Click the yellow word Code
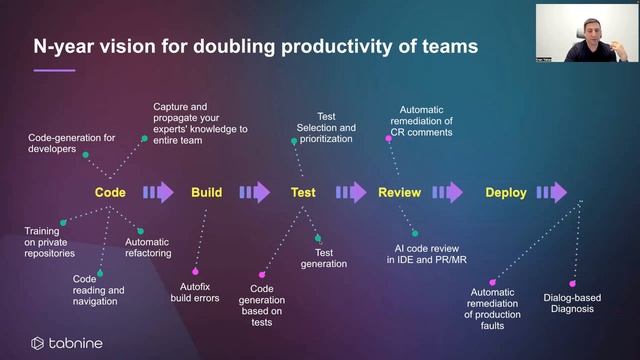click(x=110, y=193)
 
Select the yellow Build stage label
click(x=206, y=193)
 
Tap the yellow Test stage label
click(x=303, y=193)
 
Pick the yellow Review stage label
click(x=399, y=193)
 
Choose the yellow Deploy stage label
click(x=505, y=193)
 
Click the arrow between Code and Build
click(x=158, y=193)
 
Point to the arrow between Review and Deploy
click(x=447, y=193)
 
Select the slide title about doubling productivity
click(x=241, y=46)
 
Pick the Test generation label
click(x=324, y=258)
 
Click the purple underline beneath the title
click(x=54, y=70)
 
